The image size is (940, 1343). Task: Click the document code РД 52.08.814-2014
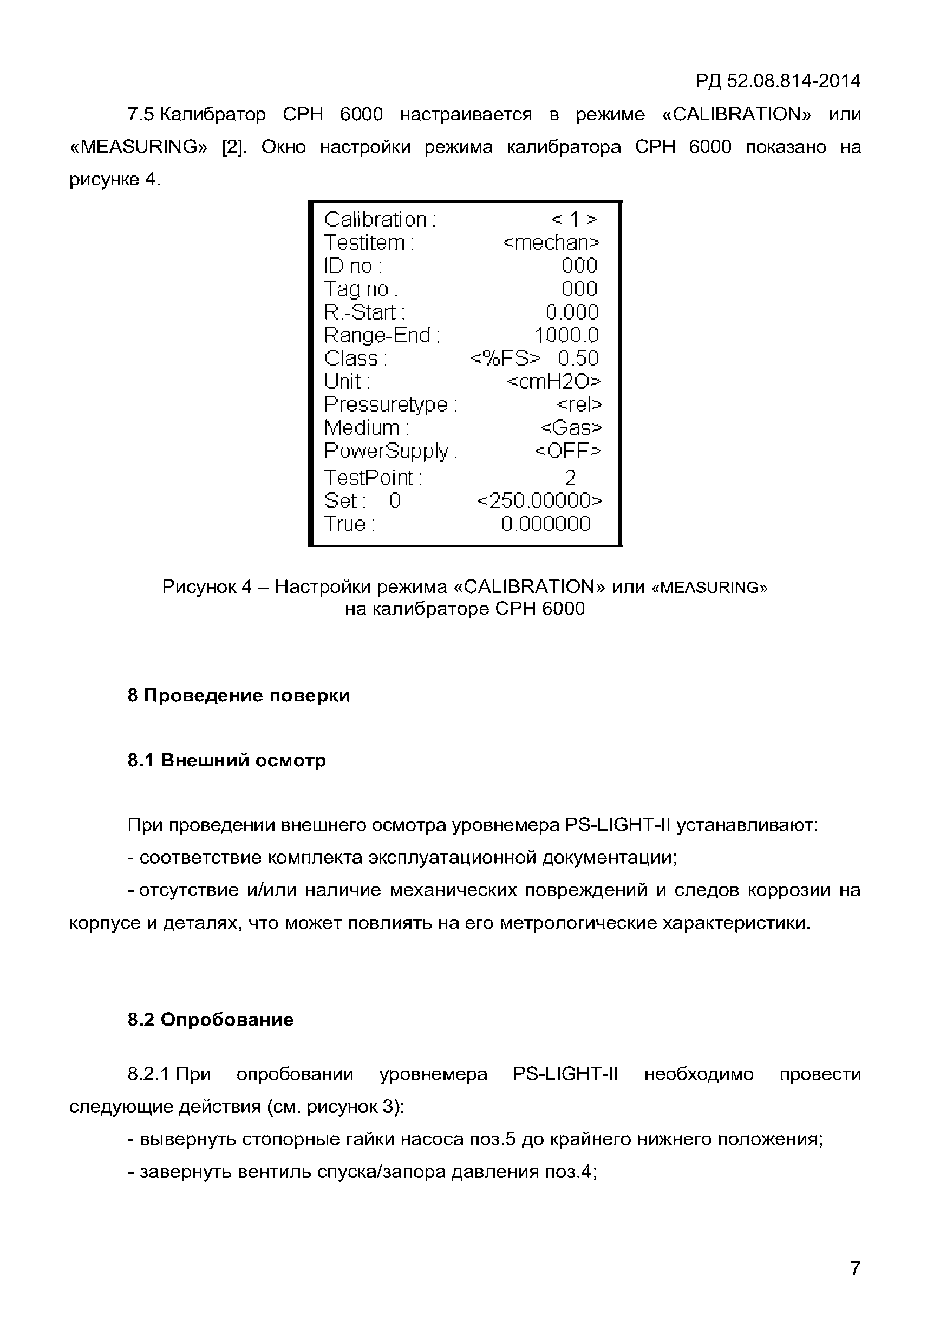click(x=778, y=81)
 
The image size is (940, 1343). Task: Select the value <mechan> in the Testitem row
click(x=551, y=243)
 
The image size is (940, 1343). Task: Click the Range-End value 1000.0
click(x=566, y=335)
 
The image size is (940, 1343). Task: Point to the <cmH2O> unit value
click(x=553, y=381)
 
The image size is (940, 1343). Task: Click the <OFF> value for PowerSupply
click(x=567, y=451)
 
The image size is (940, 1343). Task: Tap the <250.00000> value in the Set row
click(x=539, y=501)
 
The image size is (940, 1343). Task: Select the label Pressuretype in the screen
click(x=386, y=405)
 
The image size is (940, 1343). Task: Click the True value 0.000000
click(x=546, y=524)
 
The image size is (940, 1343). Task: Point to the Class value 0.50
click(x=577, y=358)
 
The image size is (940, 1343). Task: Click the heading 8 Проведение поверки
click(x=238, y=695)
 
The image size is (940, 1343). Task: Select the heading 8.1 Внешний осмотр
click(x=226, y=760)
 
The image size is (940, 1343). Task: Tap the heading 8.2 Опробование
click(x=211, y=1020)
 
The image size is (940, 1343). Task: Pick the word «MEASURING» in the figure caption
click(x=709, y=587)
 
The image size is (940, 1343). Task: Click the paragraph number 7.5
click(x=140, y=114)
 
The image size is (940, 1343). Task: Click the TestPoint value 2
click(x=570, y=478)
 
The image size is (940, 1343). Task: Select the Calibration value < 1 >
click(x=574, y=219)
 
